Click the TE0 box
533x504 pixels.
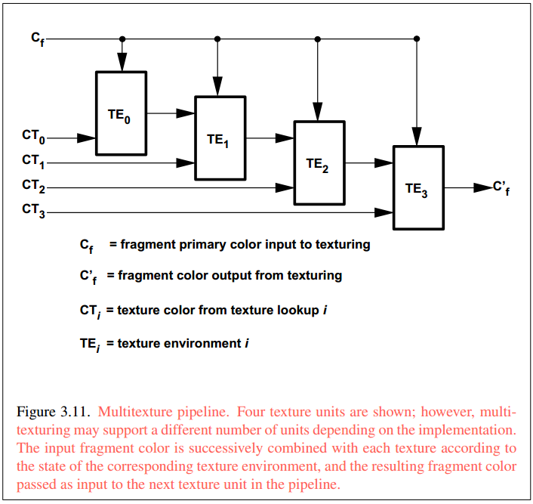(121, 113)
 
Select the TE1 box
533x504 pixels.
(220, 138)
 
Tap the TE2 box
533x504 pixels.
(319, 162)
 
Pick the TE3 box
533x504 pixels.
(417, 187)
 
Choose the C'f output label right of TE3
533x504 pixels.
(501, 187)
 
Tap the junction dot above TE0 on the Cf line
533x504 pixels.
(122, 39)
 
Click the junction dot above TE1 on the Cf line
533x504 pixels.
(218, 39)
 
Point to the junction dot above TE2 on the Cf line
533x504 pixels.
(318, 39)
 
